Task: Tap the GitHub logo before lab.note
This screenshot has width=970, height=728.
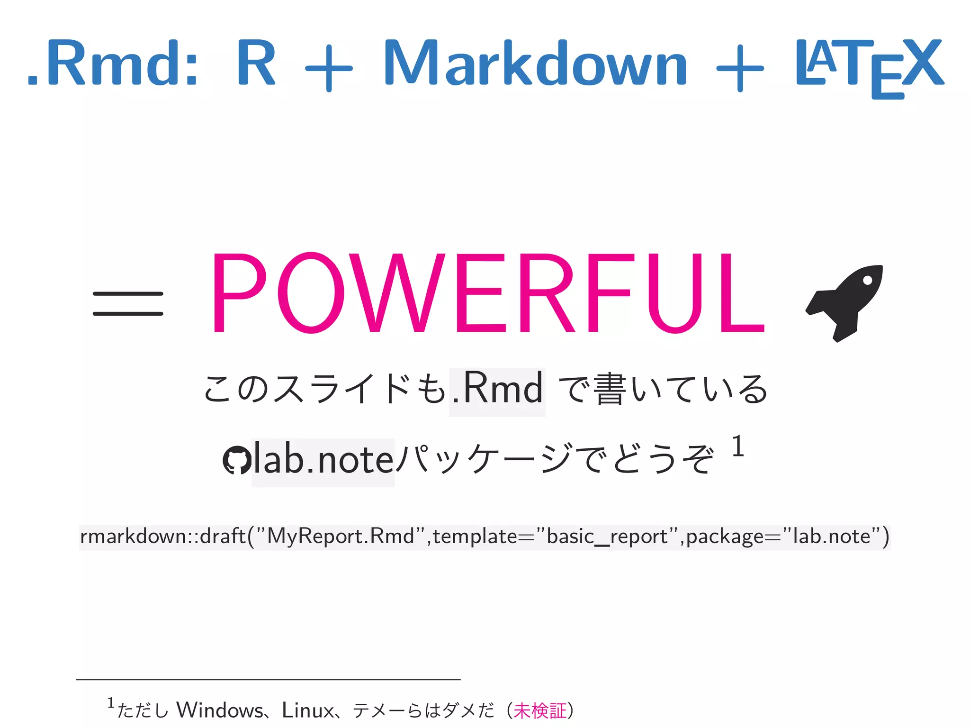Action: [236, 460]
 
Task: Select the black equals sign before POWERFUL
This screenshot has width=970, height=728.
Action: [128, 304]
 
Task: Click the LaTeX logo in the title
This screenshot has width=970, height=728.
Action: [870, 66]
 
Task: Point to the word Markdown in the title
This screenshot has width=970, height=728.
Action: [535, 64]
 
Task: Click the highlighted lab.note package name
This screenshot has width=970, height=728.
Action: [323, 461]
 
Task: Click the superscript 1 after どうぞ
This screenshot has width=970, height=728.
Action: [737, 446]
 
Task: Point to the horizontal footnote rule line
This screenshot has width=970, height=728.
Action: [268, 680]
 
